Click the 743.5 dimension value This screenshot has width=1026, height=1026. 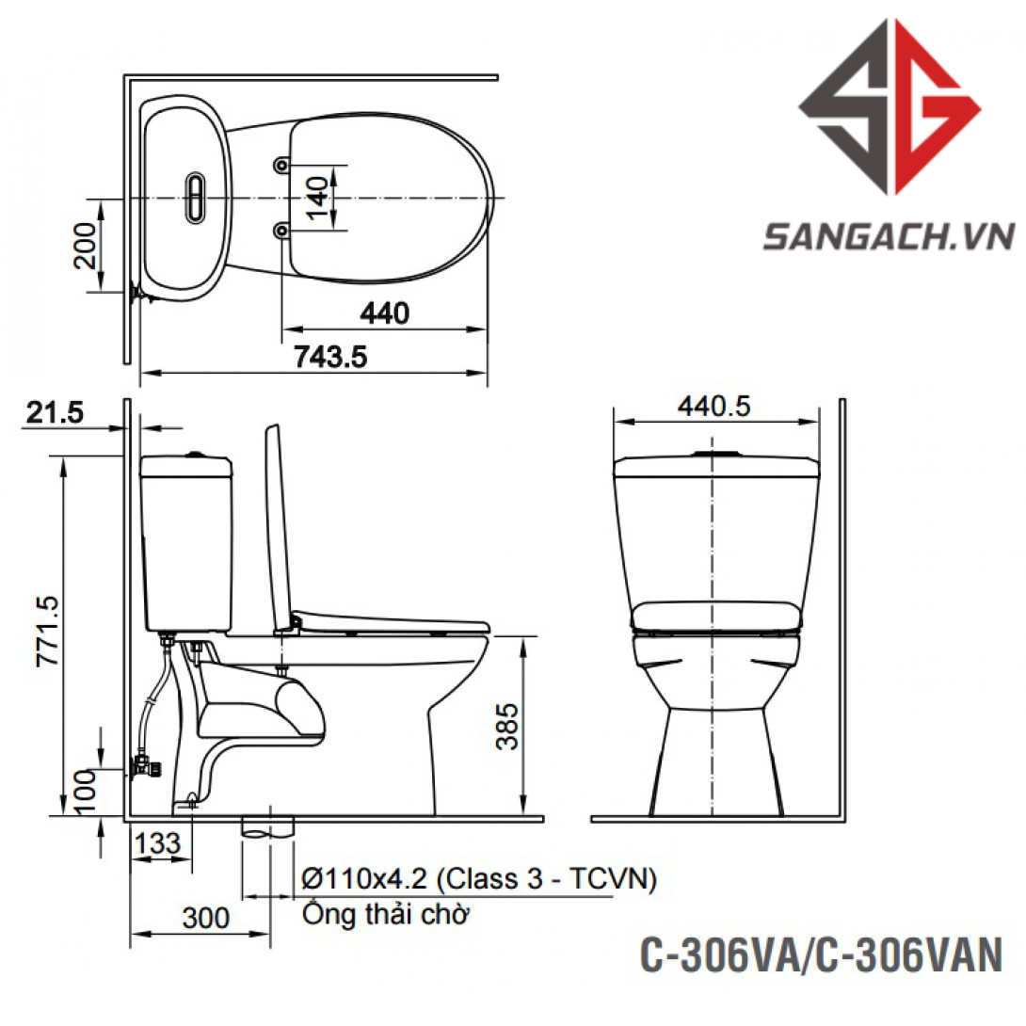(x=330, y=357)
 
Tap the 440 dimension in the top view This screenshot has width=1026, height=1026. (x=385, y=313)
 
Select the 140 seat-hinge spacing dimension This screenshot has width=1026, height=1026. (x=317, y=198)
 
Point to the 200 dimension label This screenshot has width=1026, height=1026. (x=85, y=246)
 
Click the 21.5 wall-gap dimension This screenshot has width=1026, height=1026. (x=55, y=412)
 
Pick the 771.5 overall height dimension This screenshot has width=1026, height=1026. (x=48, y=631)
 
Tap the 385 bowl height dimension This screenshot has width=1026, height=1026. (x=507, y=727)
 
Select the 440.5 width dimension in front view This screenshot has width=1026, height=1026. (x=713, y=407)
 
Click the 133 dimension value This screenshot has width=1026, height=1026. (x=158, y=842)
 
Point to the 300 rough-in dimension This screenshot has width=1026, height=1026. (x=206, y=918)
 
